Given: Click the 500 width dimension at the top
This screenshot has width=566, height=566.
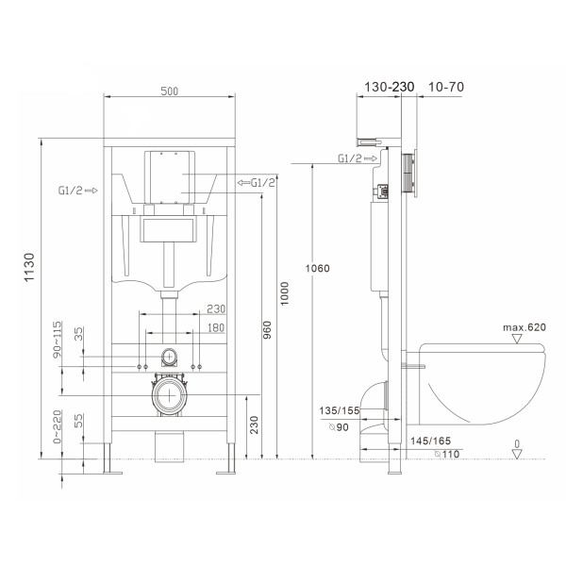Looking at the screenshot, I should click(x=169, y=91).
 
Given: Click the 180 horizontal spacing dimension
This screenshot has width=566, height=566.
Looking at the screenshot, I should click(x=215, y=326).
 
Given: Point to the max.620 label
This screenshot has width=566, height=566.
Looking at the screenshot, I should click(x=524, y=327).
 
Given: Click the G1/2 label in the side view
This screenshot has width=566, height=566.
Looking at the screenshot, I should click(x=352, y=158).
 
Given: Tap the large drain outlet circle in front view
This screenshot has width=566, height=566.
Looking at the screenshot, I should click(x=170, y=396).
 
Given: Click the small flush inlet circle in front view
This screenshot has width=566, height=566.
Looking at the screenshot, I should click(x=170, y=358).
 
